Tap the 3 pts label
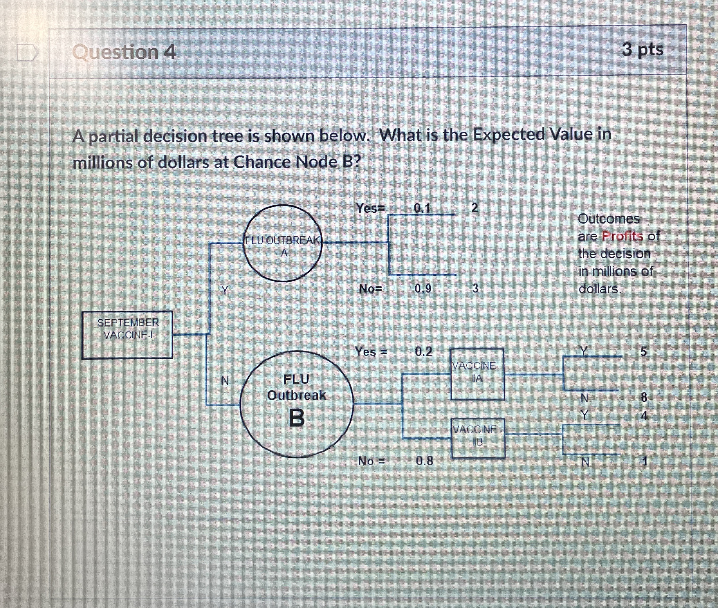pos(642,50)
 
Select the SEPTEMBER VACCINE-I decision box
pos(127,334)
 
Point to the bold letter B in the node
pos(296,417)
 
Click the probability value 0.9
pos(423,288)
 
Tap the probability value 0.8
pos(424,461)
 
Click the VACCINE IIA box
pos(477,374)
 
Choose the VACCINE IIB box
pos(478,438)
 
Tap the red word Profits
pos(622,236)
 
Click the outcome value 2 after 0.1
pos(474,208)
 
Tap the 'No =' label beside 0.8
pos(371,461)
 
